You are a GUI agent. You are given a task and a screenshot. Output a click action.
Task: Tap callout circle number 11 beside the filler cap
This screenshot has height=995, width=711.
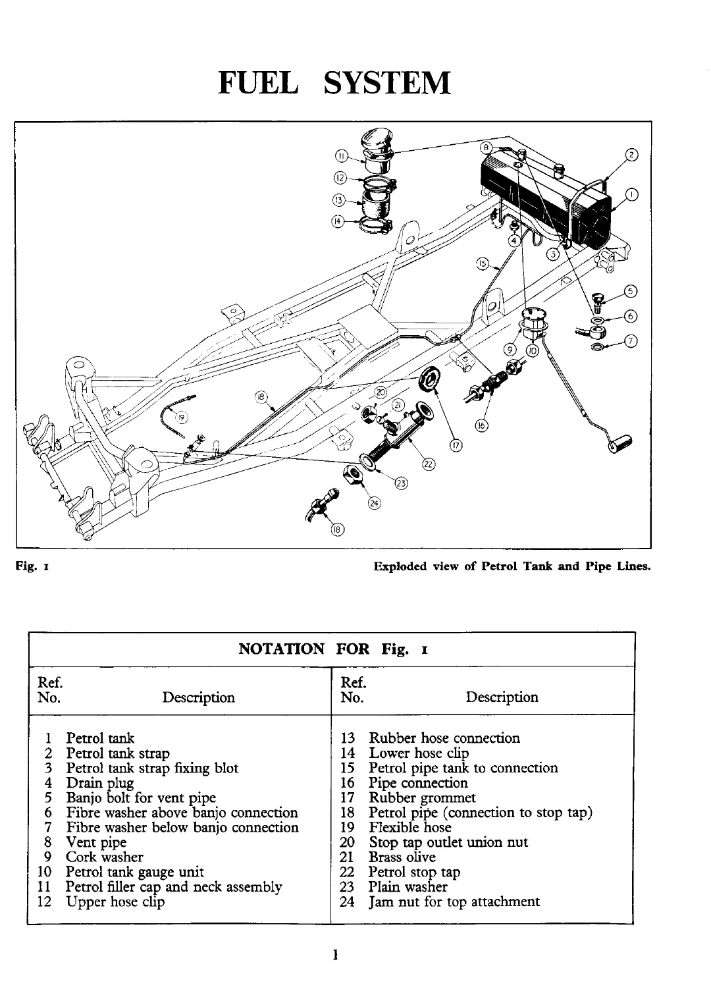point(341,156)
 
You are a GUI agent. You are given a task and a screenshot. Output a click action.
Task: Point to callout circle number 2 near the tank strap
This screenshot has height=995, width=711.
point(631,156)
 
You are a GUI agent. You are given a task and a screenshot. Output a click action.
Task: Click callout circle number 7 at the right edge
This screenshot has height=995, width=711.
point(631,341)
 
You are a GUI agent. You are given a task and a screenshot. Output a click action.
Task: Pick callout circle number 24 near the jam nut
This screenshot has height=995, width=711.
point(374,504)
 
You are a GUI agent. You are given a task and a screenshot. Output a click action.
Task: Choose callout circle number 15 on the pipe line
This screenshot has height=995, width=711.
point(482,265)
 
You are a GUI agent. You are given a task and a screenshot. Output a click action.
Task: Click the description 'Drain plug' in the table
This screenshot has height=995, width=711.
point(100,783)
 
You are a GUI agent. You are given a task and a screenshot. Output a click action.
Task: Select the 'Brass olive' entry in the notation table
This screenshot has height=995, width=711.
point(402,857)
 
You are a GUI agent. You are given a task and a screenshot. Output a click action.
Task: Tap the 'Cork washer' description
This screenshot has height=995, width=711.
point(104,857)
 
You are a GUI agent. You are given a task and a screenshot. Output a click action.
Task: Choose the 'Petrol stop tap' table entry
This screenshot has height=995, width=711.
point(414,872)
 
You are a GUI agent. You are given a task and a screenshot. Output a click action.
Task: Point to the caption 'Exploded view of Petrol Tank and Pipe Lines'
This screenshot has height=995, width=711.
point(512,566)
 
